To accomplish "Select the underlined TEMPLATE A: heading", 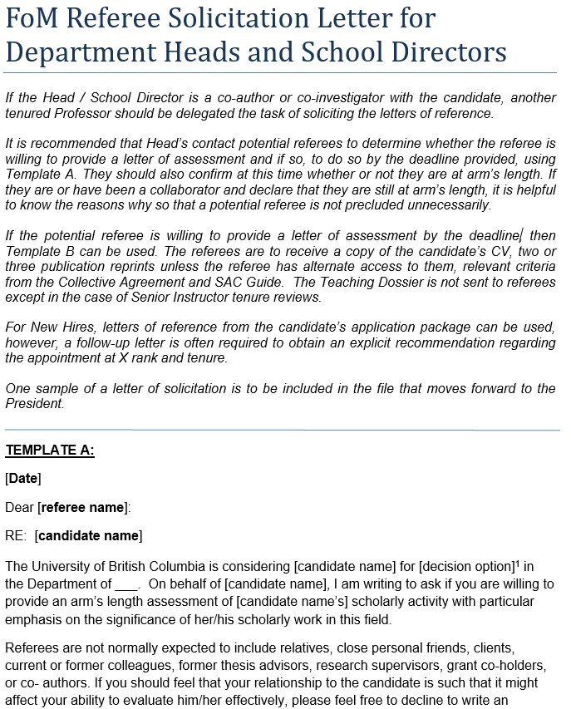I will [50, 451].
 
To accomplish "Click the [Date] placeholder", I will [23, 478].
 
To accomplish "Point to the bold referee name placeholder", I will [83, 507].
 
